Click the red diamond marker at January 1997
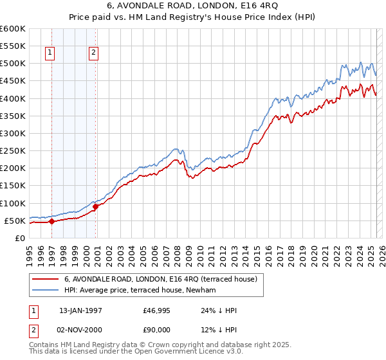[51, 222]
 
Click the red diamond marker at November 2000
[95, 207]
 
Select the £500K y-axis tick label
[13, 64]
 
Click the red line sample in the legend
[46, 279]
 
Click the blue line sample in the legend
[46, 290]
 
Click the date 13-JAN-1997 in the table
[80, 310]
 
